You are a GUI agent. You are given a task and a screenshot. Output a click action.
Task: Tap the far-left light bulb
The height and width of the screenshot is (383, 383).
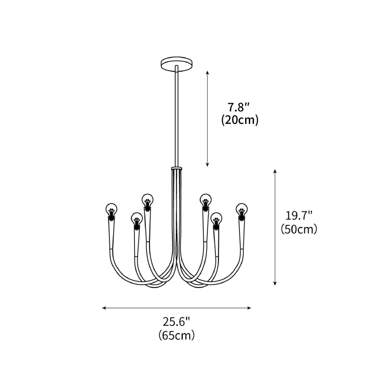click(x=111, y=209)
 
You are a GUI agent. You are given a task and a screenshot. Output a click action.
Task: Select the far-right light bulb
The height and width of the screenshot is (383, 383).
click(x=241, y=209)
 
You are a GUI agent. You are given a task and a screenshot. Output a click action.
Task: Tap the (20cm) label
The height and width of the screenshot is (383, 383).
click(x=240, y=120)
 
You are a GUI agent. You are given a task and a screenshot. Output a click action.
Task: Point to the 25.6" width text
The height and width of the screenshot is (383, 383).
click(x=177, y=322)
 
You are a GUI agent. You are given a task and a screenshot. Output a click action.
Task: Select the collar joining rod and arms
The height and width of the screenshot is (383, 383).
click(x=177, y=168)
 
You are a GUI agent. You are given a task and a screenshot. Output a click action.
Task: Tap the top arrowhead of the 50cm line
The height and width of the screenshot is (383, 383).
click(x=275, y=171)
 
